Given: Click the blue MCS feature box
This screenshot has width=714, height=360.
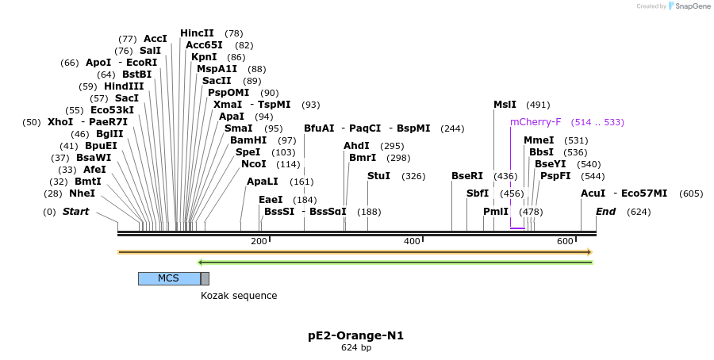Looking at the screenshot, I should (169, 278).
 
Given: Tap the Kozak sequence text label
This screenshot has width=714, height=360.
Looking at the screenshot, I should (239, 296).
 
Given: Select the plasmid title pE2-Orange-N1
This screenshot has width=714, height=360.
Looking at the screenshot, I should (356, 335).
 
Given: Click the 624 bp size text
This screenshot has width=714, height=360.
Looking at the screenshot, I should (356, 348).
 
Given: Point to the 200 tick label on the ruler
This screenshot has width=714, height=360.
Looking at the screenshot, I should (259, 241).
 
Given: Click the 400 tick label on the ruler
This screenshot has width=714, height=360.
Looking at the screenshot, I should (412, 241).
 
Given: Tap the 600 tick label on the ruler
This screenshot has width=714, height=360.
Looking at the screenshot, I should (565, 241).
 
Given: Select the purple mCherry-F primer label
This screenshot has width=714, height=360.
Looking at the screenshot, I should (535, 122).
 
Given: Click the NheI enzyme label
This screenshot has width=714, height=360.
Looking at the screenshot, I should (82, 193).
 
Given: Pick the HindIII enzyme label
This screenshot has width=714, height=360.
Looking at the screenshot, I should (124, 86).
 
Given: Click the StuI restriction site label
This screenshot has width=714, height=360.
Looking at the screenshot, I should (378, 176).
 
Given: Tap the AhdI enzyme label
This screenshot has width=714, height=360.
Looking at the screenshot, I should (356, 146).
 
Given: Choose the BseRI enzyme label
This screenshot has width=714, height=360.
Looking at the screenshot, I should (466, 176).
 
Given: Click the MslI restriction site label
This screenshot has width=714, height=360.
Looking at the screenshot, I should (505, 105).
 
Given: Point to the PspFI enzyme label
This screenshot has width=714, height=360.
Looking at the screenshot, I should (555, 176).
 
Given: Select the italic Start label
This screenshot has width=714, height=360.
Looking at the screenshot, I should (75, 212).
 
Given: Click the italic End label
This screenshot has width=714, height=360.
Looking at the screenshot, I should (605, 212).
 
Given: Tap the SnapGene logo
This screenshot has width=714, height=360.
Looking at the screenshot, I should (689, 6).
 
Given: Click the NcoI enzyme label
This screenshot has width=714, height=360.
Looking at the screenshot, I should (254, 164).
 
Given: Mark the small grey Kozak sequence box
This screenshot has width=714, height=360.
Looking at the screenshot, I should (205, 278).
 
